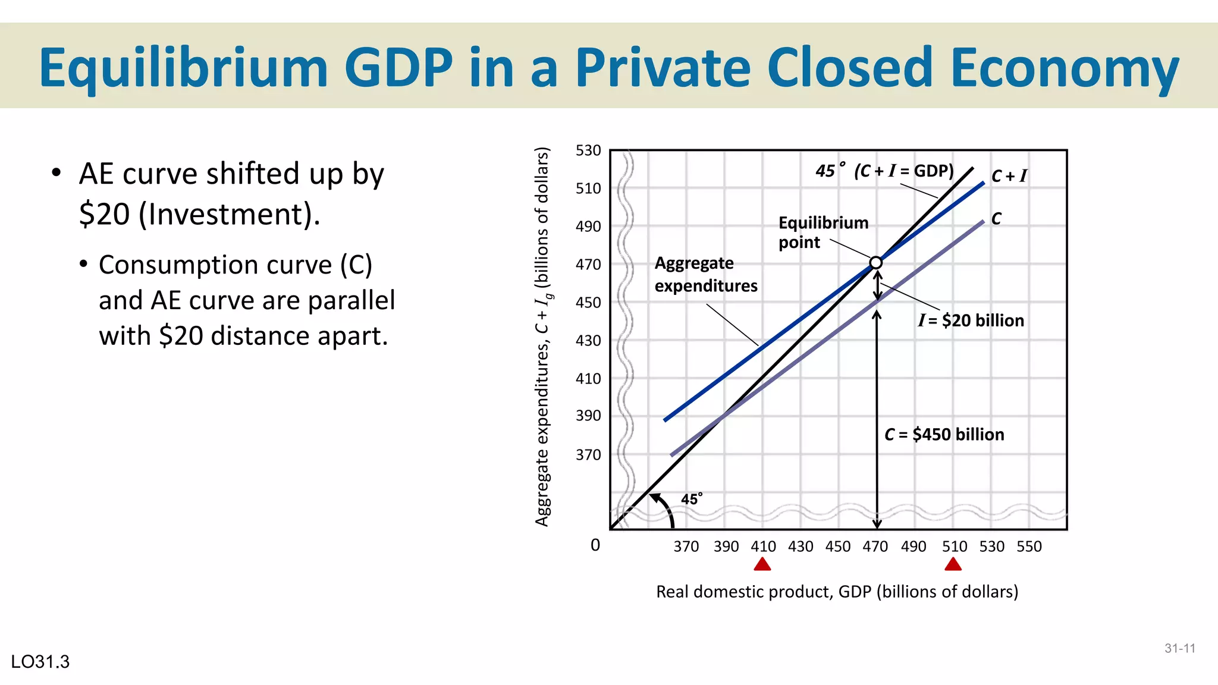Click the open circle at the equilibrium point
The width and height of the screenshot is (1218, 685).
(x=875, y=263)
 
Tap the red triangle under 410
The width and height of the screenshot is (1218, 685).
(x=762, y=564)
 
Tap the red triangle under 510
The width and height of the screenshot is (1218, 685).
(x=953, y=564)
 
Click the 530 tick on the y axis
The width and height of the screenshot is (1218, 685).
(x=588, y=150)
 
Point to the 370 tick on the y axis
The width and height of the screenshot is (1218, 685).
(x=588, y=455)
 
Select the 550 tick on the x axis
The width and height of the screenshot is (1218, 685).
(x=1029, y=546)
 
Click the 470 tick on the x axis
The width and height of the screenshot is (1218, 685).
(x=875, y=546)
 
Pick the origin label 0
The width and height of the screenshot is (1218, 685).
(x=595, y=545)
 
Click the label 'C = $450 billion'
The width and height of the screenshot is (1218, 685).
(x=944, y=435)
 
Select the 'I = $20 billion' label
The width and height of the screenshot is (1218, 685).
(x=971, y=320)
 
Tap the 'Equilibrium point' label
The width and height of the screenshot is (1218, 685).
(x=823, y=232)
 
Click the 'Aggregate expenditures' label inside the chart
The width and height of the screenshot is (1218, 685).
(x=705, y=274)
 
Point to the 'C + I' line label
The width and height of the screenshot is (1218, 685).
(x=1009, y=176)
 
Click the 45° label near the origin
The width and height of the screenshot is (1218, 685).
(x=691, y=499)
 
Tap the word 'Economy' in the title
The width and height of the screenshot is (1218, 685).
(x=1064, y=68)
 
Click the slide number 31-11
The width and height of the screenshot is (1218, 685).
(x=1179, y=649)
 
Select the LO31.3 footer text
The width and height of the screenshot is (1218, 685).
(x=40, y=662)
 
